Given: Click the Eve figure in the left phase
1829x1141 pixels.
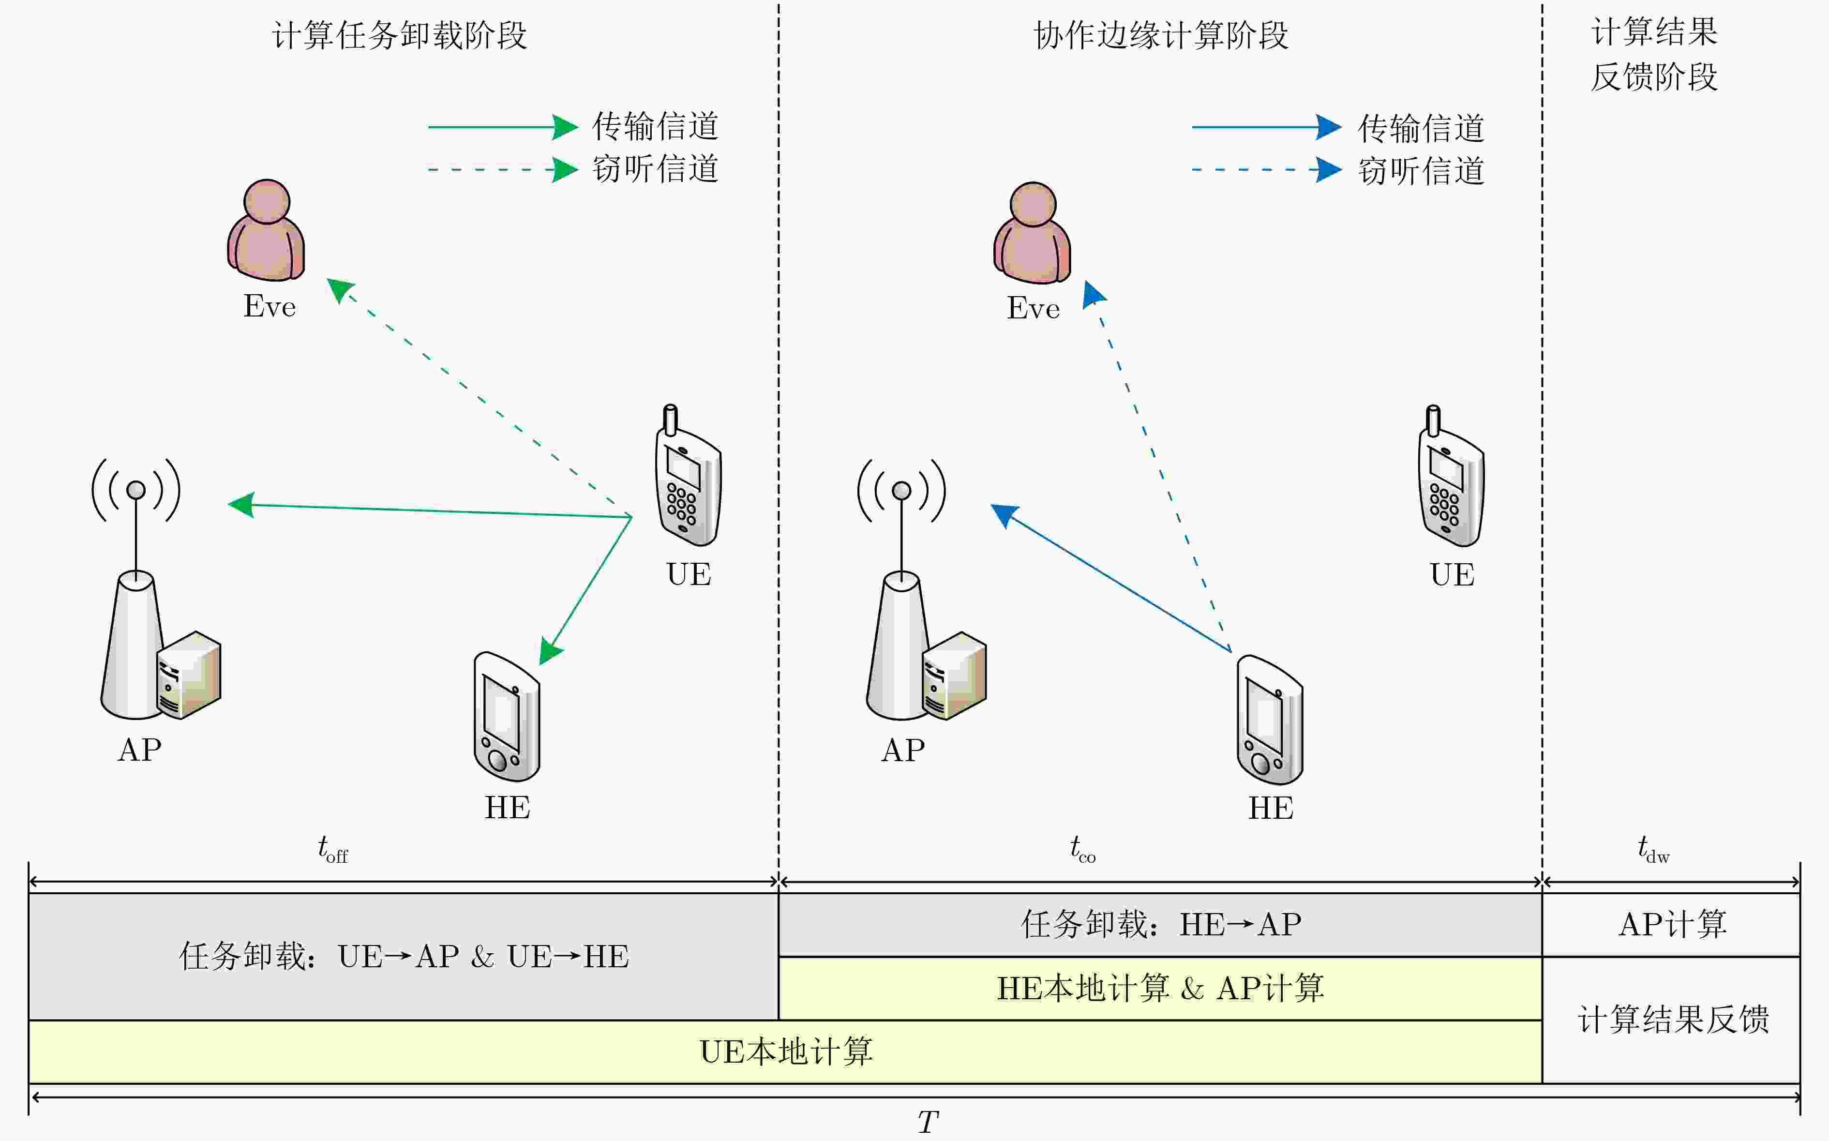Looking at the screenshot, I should tap(266, 230).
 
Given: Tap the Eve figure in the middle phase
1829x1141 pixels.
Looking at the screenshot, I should tap(1032, 233).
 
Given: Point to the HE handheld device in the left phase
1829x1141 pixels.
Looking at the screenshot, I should tap(506, 717).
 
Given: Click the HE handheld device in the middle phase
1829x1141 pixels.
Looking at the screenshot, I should tap(1270, 720).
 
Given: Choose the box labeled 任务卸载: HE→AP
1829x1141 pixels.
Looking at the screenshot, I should tap(1160, 924).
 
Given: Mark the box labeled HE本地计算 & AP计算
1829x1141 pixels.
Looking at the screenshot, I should tap(1160, 989).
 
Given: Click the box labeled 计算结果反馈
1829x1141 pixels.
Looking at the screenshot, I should tap(1672, 1020).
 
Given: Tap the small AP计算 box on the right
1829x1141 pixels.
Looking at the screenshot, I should tap(1672, 924).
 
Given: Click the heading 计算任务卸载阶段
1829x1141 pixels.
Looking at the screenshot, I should tap(399, 35).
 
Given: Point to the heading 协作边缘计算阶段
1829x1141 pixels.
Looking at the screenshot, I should tap(1160, 35).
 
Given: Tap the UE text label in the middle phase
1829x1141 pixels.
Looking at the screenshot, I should tap(1452, 575).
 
